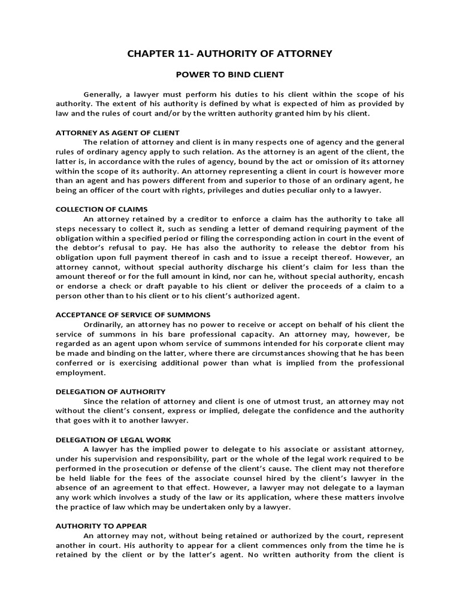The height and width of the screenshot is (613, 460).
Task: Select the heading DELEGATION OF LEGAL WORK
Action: click(113, 440)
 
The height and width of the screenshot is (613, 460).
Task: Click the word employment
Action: click(79, 372)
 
